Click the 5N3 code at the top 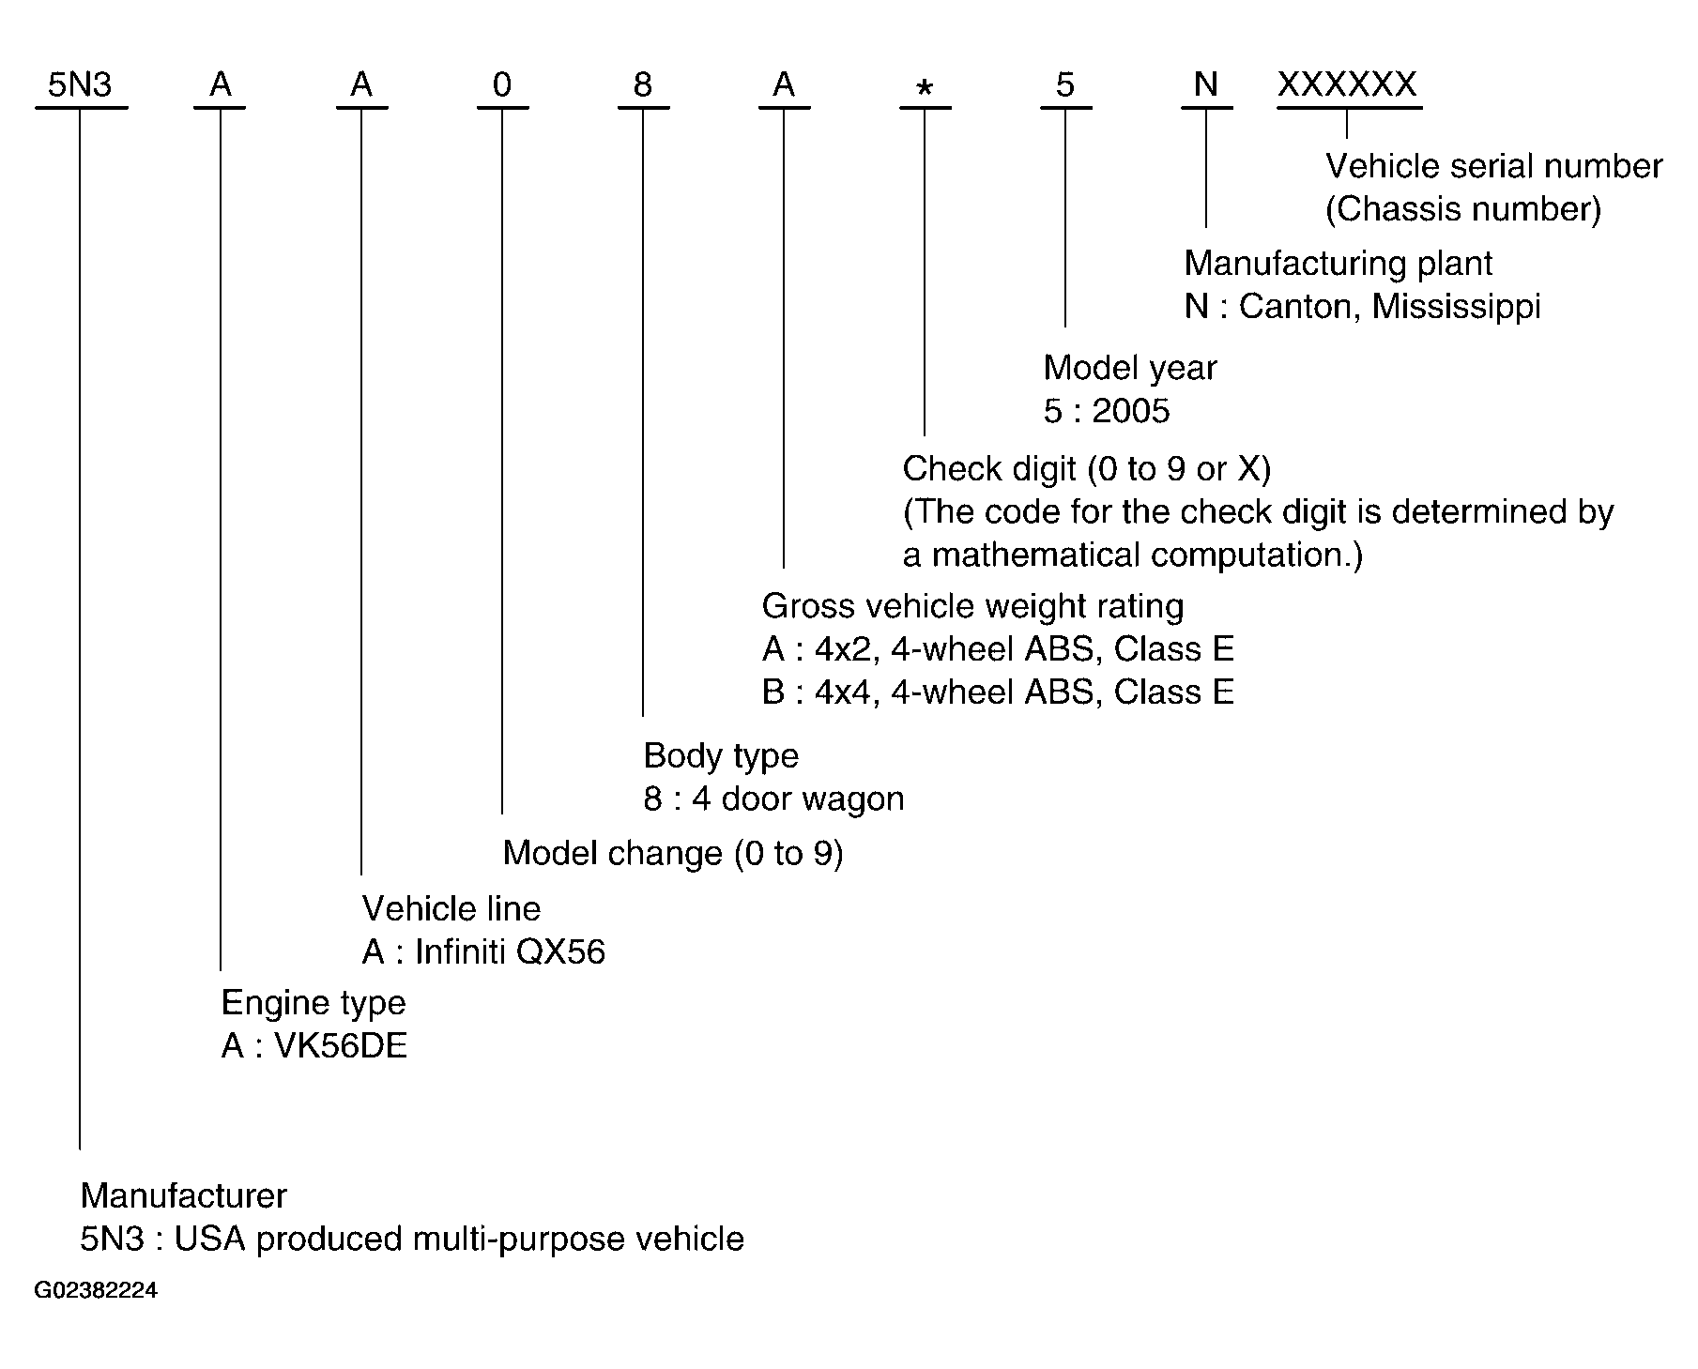click(x=80, y=85)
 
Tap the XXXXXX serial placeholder click(x=1347, y=85)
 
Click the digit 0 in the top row click(x=502, y=85)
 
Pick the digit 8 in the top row click(x=643, y=85)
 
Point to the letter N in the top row click(x=1206, y=85)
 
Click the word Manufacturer click(x=184, y=1195)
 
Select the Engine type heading click(x=314, y=1004)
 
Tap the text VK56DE click(x=341, y=1046)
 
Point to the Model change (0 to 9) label click(x=673, y=853)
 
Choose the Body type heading click(x=721, y=756)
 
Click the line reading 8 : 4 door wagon click(x=774, y=799)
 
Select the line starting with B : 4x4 click(x=998, y=692)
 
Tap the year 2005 click(x=1131, y=411)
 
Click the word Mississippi click(x=1456, y=308)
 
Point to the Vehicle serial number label click(x=1493, y=166)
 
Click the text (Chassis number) click(x=1463, y=209)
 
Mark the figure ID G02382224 click(x=96, y=1291)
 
